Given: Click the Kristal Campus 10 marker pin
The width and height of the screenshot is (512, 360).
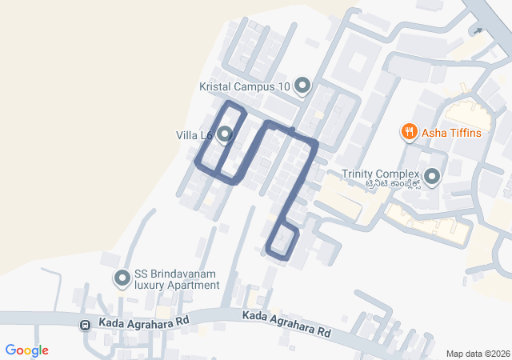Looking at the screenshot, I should (x=302, y=85).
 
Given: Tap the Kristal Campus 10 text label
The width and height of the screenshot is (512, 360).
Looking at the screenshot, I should (x=244, y=86).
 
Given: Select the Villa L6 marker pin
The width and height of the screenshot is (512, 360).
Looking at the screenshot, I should (x=225, y=134).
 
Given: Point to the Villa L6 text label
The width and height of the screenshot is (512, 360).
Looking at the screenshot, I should (x=194, y=135).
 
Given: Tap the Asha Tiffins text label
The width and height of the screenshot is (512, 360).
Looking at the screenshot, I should (x=452, y=132).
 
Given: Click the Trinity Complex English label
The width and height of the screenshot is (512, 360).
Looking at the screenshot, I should (x=380, y=174).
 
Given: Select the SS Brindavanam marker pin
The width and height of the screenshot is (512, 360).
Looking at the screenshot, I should (x=122, y=278).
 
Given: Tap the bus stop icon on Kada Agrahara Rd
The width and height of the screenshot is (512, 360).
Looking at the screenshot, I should (x=85, y=325).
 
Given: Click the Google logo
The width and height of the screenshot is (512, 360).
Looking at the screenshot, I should (x=27, y=350).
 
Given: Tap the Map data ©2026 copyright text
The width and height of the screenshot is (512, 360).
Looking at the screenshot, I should (x=478, y=354).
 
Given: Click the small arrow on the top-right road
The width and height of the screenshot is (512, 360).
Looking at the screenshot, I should (x=478, y=31).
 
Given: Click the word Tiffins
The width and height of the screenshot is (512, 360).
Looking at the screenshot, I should (x=465, y=132).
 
